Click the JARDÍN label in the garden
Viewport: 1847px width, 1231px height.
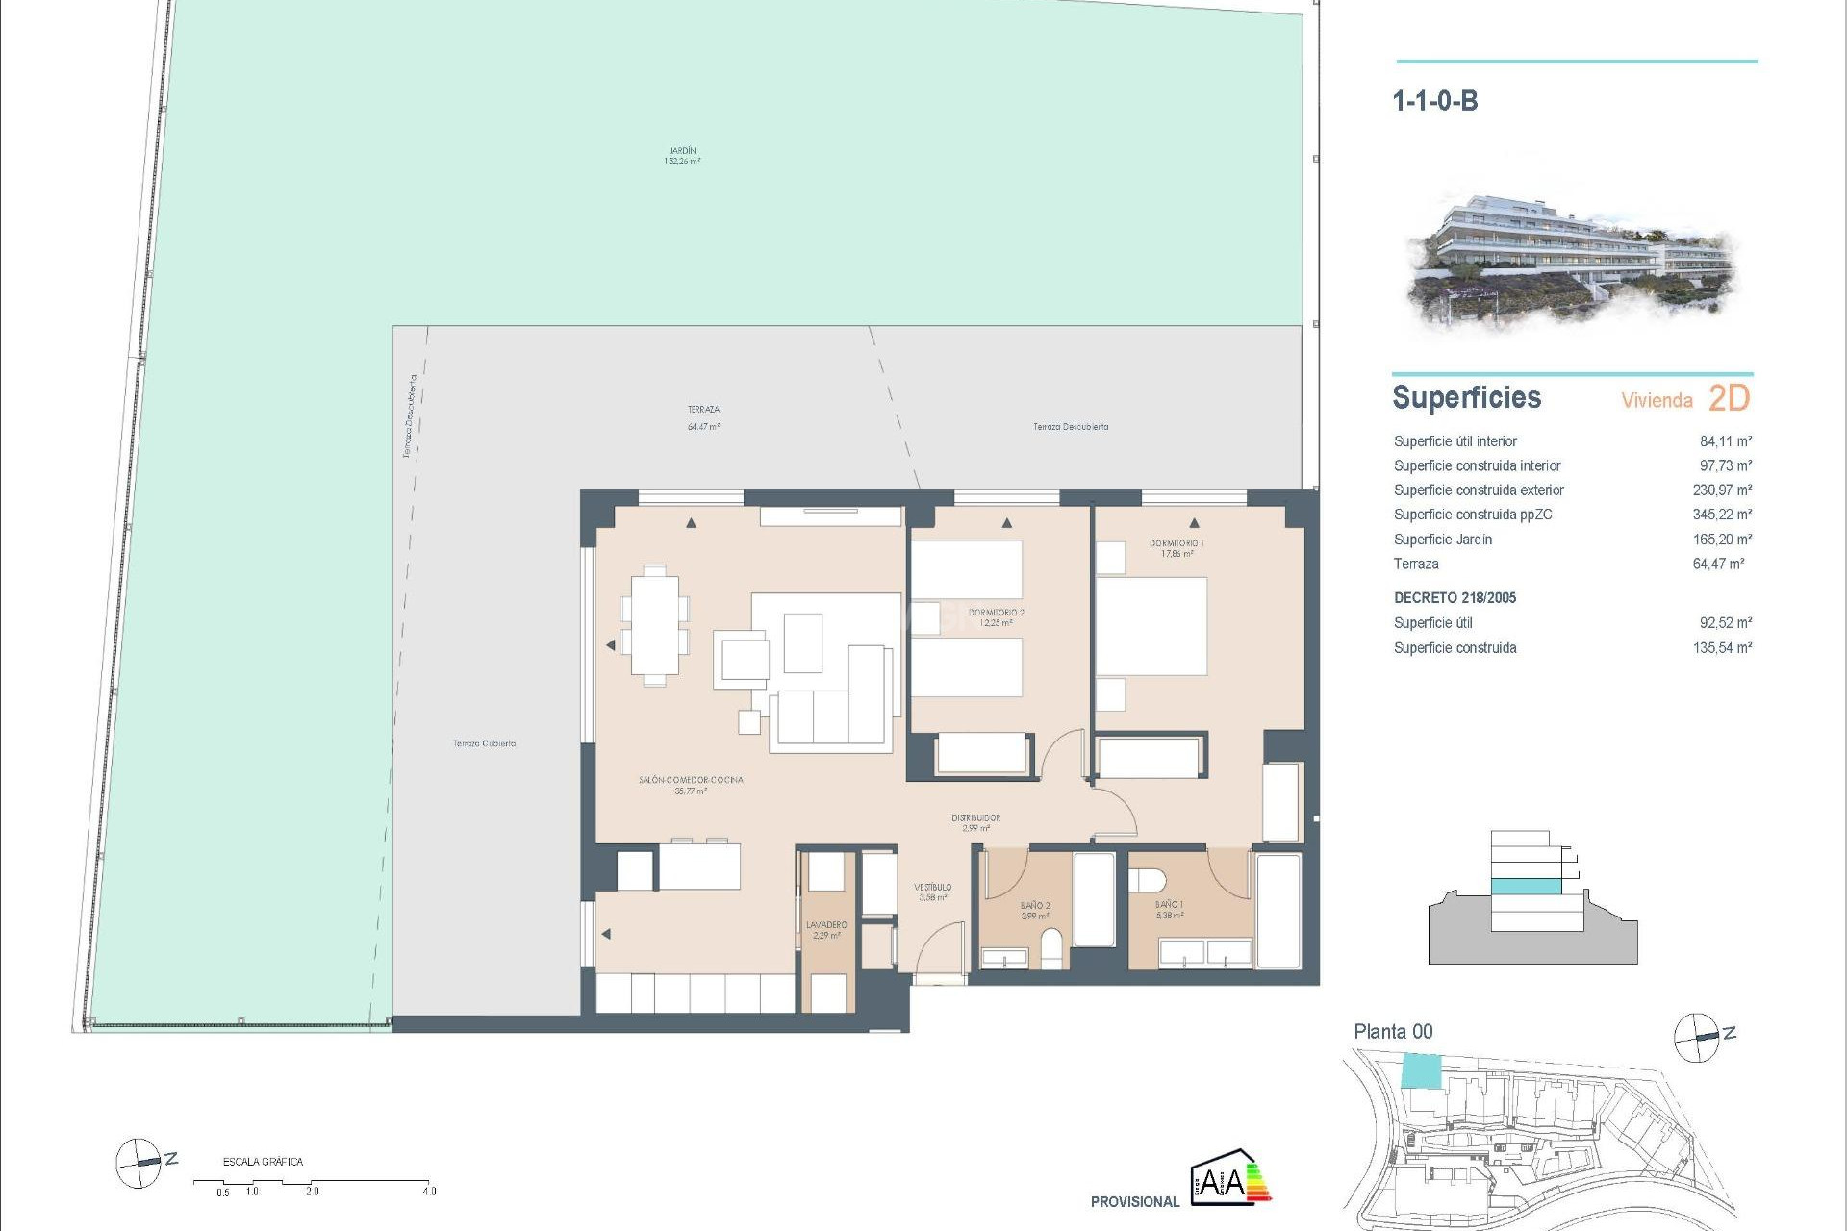pos(682,156)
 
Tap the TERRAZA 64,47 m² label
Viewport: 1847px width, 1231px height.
pos(703,417)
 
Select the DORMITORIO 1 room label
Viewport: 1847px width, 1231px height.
pos(1177,548)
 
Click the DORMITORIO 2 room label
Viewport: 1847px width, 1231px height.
pos(996,617)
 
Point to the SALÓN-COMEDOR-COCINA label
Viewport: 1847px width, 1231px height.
pos(691,785)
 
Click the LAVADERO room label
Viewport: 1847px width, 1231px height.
pos(826,929)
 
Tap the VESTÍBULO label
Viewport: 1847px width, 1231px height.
pos(932,892)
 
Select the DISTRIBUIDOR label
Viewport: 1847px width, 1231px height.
pos(975,822)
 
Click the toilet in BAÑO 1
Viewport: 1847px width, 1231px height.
pos(1147,880)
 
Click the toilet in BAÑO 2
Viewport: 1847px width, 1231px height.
pos(1052,948)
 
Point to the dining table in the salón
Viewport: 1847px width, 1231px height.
pos(654,625)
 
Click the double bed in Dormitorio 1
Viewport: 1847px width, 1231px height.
pos(1151,626)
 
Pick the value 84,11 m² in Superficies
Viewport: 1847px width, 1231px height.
pos(1725,441)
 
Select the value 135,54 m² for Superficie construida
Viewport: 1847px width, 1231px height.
pos(1722,648)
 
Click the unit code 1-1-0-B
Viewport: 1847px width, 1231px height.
pos(1434,101)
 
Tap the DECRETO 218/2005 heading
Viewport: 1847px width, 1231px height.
pos(1455,598)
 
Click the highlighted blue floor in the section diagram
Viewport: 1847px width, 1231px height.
pos(1526,886)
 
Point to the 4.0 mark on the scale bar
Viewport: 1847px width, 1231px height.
pos(429,1191)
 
